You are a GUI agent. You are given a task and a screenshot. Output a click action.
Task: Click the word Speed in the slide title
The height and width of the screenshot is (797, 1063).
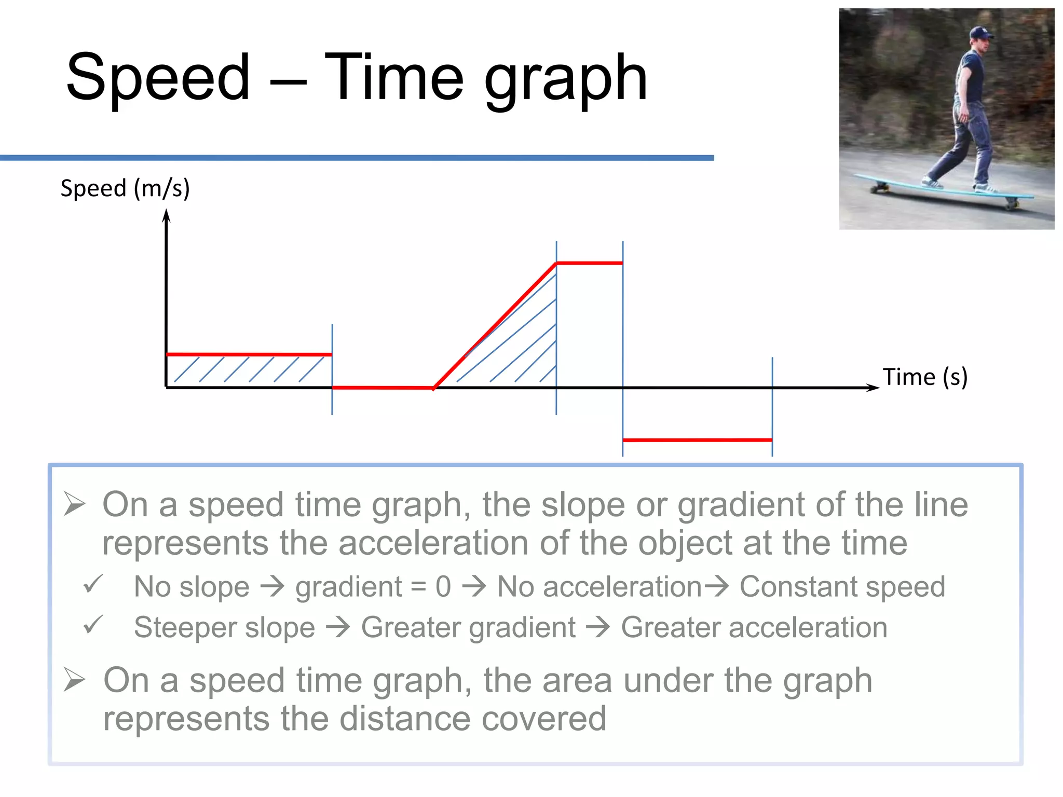click(x=158, y=78)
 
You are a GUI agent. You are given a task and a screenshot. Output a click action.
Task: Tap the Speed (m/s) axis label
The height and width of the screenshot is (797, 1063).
click(x=125, y=188)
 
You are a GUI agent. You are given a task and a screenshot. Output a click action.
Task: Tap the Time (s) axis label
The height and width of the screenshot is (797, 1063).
click(x=925, y=377)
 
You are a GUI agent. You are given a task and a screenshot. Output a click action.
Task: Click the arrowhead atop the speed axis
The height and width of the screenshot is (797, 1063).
click(x=166, y=215)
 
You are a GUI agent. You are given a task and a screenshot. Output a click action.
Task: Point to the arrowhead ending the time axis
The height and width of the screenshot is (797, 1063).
click(x=873, y=388)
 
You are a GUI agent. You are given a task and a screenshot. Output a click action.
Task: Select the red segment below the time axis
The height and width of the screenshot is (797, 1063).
click(x=697, y=440)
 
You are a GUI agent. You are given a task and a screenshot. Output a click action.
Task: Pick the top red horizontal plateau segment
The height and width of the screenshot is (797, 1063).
click(x=589, y=263)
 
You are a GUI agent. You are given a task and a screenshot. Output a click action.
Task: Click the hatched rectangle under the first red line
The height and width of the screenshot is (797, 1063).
click(x=249, y=370)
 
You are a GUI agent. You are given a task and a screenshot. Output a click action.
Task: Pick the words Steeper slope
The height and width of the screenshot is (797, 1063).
click(x=224, y=627)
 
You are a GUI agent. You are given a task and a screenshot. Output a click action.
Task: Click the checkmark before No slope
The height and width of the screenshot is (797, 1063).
click(x=93, y=585)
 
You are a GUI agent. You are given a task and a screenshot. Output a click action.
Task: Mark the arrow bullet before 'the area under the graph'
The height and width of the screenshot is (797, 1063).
click(x=74, y=680)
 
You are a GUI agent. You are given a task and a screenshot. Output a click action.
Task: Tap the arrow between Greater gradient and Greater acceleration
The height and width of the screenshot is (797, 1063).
click(x=598, y=627)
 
